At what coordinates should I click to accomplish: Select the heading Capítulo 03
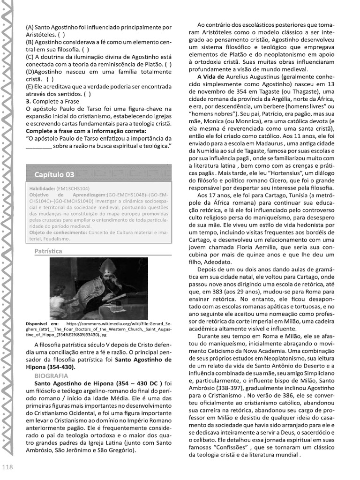(54, 175)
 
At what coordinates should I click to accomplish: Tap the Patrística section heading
(48, 251)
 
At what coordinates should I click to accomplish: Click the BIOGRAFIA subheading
(51, 375)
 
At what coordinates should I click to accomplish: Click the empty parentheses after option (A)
(62, 35)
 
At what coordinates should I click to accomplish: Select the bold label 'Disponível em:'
(42, 323)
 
